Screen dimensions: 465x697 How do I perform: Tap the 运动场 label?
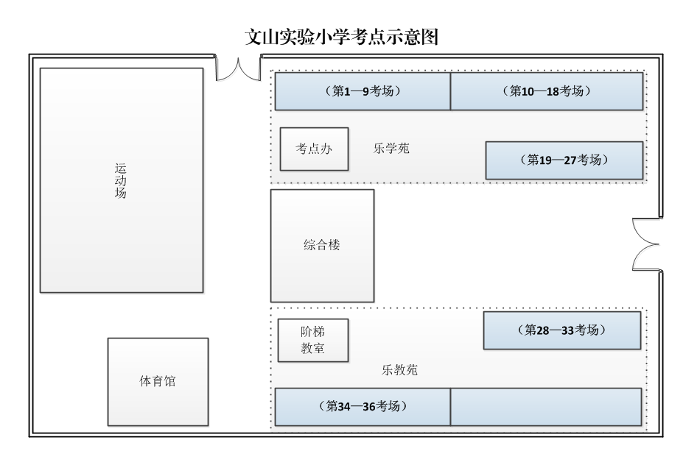point(121,181)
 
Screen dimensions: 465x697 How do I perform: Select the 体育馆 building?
point(158,382)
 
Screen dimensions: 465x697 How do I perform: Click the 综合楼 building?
point(322,245)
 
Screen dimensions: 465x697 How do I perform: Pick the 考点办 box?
point(314,149)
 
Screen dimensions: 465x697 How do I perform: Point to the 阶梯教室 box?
point(312,340)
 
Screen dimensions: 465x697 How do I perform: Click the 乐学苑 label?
point(391,149)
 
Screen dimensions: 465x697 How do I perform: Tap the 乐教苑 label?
point(400,370)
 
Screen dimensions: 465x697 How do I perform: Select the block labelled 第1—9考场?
point(362,91)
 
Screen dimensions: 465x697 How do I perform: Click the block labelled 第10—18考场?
point(546,91)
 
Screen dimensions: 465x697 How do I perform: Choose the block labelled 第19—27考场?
point(564,160)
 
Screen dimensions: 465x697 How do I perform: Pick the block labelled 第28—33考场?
point(561,330)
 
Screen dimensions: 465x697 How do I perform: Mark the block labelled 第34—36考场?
point(362,406)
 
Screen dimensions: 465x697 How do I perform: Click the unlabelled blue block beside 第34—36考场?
point(546,406)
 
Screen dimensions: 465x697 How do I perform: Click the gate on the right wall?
point(646,245)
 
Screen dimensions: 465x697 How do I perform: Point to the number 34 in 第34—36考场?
point(345,406)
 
